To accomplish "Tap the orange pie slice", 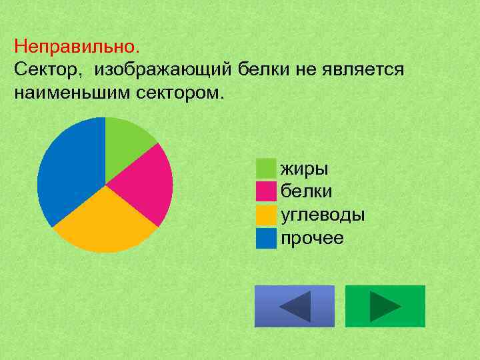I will [107, 223].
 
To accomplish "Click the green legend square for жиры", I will [266, 168].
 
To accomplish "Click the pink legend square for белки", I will [266, 191].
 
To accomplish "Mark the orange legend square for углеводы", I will [266, 215].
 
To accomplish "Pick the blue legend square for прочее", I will [266, 238].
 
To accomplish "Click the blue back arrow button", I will [295, 306].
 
